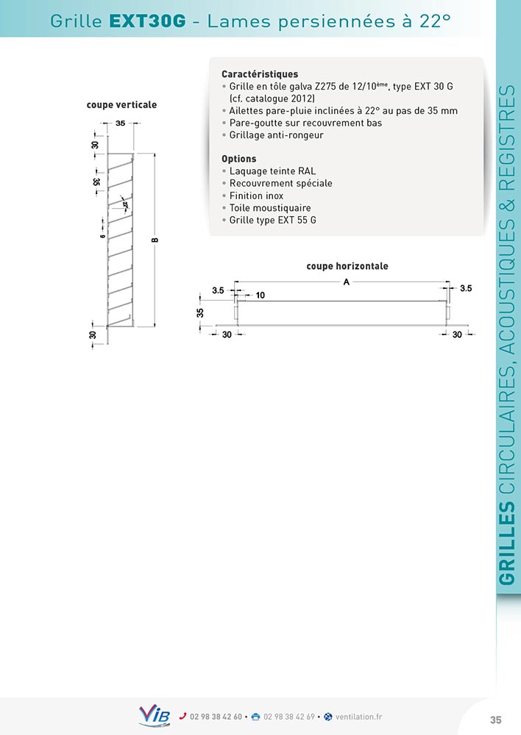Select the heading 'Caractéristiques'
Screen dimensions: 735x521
tap(260, 74)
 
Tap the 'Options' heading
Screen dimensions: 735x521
tap(239, 159)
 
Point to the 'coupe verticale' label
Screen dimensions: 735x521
tap(121, 105)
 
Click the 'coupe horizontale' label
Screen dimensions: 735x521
tap(347, 266)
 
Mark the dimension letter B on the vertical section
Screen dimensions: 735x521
tap(155, 240)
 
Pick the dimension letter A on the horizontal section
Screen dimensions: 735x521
tap(345, 282)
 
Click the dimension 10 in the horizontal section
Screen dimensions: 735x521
tap(260, 295)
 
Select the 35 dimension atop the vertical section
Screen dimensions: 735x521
tap(120, 123)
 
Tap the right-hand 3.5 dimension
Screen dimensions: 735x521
tap(465, 289)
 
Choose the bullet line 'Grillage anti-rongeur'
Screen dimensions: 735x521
tap(276, 135)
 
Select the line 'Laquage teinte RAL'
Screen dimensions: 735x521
tap(272, 171)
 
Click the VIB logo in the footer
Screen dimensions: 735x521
tap(154, 715)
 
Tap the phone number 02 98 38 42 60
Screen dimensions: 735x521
tap(215, 717)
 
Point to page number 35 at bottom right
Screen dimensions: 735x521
tap(495, 719)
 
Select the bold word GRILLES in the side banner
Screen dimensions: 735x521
tap(506, 544)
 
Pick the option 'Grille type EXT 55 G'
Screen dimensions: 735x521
tap(273, 220)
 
